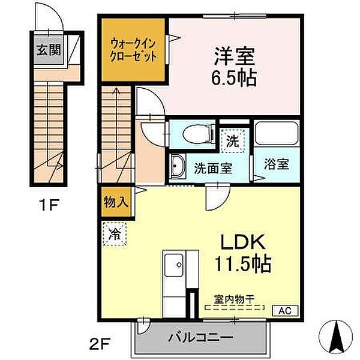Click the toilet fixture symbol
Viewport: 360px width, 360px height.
194,133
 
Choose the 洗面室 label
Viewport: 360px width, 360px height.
212,167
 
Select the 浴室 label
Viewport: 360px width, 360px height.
278,164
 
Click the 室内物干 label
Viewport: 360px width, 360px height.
235,298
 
